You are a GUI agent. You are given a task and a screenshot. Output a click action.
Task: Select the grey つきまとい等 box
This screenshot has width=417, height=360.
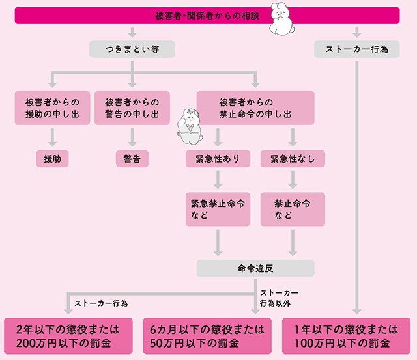132,48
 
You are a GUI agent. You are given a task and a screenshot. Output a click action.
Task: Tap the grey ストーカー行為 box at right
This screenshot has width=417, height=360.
356,48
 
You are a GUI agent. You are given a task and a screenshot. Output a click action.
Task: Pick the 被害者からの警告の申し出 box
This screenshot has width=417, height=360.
132,107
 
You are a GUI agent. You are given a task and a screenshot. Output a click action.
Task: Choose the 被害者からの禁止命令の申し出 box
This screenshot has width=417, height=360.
255,107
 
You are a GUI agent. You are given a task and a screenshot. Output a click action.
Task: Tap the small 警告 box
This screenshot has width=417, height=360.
132,158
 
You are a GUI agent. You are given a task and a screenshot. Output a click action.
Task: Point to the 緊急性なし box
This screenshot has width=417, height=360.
293,158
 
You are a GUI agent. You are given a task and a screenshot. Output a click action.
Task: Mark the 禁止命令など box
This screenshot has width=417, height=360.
293,208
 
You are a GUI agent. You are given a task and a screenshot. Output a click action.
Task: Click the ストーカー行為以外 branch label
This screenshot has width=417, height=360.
280,298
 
